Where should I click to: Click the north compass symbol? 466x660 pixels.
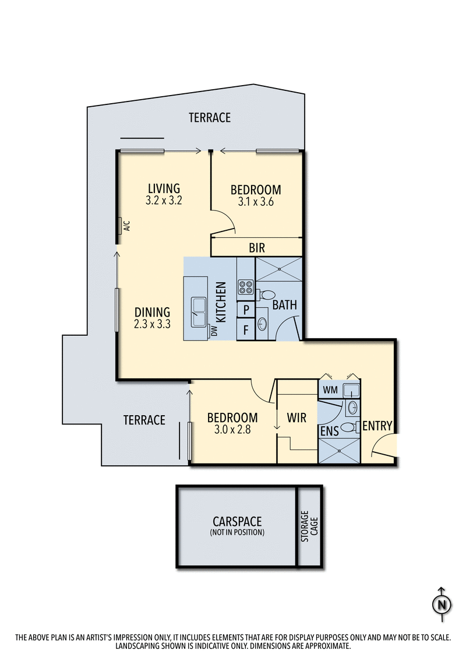(442, 604)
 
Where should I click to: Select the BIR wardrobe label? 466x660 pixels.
(256, 248)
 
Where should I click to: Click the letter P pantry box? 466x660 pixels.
(246, 310)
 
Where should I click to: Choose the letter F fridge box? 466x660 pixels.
(246, 329)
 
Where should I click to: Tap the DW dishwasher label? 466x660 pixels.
(214, 331)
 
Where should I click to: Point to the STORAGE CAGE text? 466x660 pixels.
(309, 526)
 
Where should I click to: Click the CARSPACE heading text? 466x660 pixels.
(237, 521)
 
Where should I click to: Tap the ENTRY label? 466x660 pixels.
(377, 426)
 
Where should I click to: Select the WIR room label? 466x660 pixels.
(297, 418)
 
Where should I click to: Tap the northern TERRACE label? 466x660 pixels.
(210, 118)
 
